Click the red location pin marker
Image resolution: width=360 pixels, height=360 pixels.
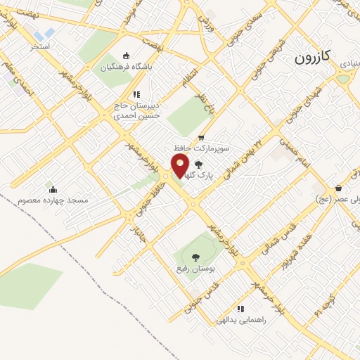point(180,166)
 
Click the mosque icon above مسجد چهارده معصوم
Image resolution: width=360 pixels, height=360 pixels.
point(53,188)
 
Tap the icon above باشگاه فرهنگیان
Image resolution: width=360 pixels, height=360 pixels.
point(126,56)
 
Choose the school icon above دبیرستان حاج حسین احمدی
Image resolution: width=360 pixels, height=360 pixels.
point(136,94)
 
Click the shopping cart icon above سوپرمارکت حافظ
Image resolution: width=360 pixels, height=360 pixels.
point(200,137)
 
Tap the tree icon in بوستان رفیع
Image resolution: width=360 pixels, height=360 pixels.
point(195,257)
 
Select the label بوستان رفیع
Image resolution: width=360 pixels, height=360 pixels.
point(195,269)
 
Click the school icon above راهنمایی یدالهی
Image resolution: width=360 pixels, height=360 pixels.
point(240,308)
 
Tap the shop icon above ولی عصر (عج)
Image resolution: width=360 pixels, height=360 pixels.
point(339,188)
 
